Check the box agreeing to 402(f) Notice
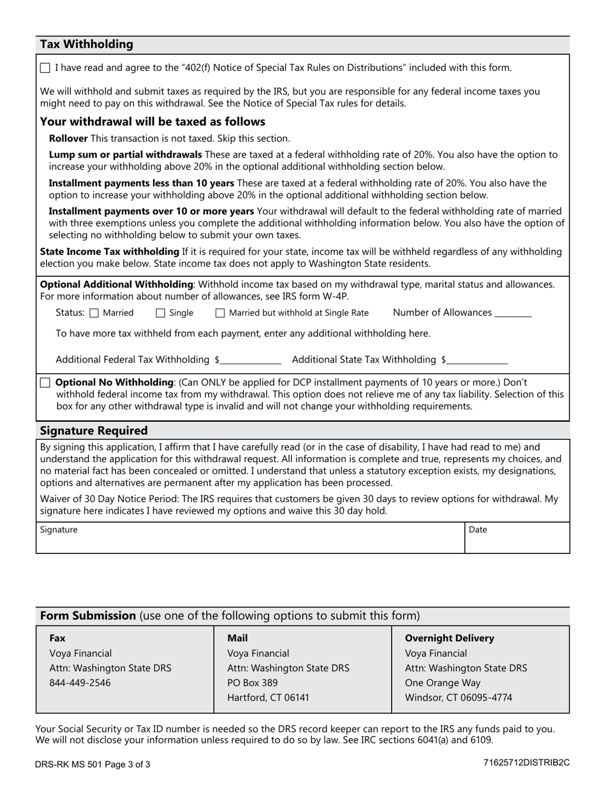45,68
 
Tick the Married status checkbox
94,313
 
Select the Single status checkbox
161,313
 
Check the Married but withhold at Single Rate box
220,313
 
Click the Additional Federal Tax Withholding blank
250,360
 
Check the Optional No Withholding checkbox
45,382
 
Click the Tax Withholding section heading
87,45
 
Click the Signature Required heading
94,431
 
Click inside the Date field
517,541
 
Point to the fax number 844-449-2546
80,683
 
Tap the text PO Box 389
253,683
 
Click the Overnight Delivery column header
449,638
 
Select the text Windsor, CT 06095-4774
458,698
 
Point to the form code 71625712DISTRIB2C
526,763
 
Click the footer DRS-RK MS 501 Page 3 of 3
93,764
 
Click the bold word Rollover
68,138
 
